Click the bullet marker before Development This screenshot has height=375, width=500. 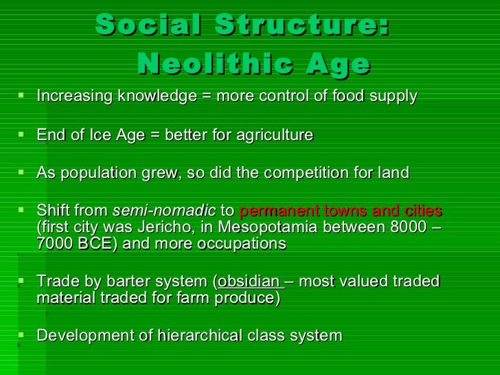point(23,336)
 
